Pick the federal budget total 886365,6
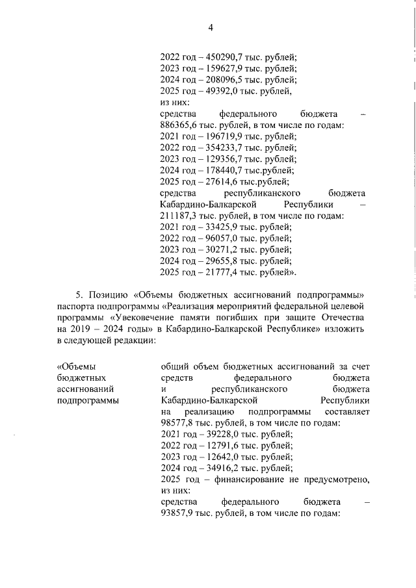181,125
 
